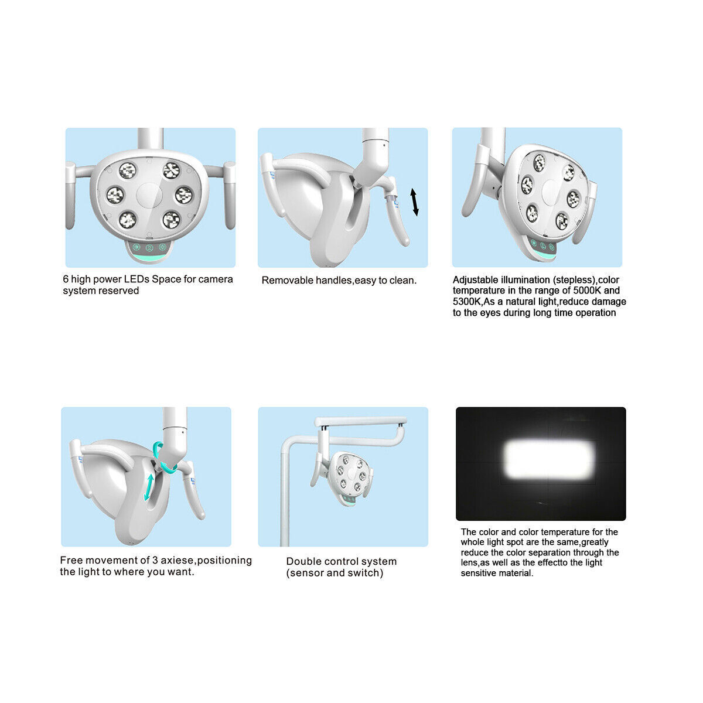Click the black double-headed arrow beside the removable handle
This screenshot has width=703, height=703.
415,202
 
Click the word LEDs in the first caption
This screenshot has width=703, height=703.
134,279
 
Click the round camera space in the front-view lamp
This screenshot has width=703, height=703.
149,194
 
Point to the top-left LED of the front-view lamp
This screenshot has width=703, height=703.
127,170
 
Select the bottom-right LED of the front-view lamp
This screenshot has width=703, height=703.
171,219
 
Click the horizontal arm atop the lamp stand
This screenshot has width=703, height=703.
360,421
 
